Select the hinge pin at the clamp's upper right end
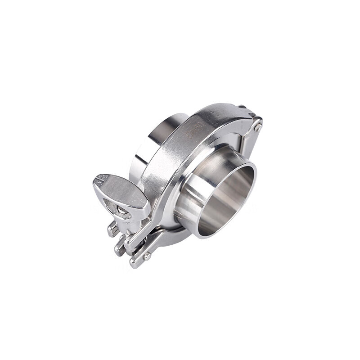(x=257, y=128)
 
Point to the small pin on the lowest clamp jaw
(x=146, y=256)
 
